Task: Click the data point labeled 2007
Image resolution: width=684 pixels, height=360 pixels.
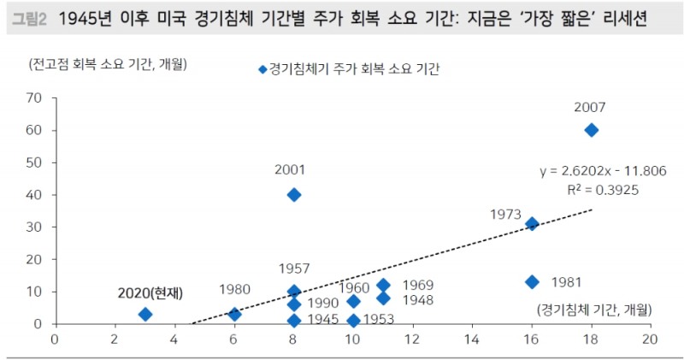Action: (x=591, y=130)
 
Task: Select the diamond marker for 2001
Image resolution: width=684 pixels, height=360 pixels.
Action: (x=294, y=195)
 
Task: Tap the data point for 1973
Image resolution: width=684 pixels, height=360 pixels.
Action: (x=532, y=224)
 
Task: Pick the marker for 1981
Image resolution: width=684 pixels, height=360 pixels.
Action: (x=532, y=282)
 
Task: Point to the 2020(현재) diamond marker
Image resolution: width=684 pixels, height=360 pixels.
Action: (x=145, y=315)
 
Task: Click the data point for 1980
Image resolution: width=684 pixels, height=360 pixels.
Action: (x=234, y=315)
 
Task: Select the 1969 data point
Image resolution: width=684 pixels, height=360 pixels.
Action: (x=383, y=286)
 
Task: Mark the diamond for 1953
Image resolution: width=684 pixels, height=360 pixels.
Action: (x=353, y=321)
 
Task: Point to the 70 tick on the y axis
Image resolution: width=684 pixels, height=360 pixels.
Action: (x=35, y=97)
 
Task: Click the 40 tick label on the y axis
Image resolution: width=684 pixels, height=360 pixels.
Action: (x=35, y=195)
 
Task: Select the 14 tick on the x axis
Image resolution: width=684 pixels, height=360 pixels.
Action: (x=472, y=339)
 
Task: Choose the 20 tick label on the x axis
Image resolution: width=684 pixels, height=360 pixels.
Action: (x=650, y=339)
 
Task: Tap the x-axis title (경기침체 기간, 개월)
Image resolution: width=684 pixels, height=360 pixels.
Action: (x=594, y=309)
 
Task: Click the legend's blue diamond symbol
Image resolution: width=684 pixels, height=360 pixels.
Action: (x=262, y=70)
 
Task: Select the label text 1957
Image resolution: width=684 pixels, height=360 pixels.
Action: (x=294, y=269)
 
